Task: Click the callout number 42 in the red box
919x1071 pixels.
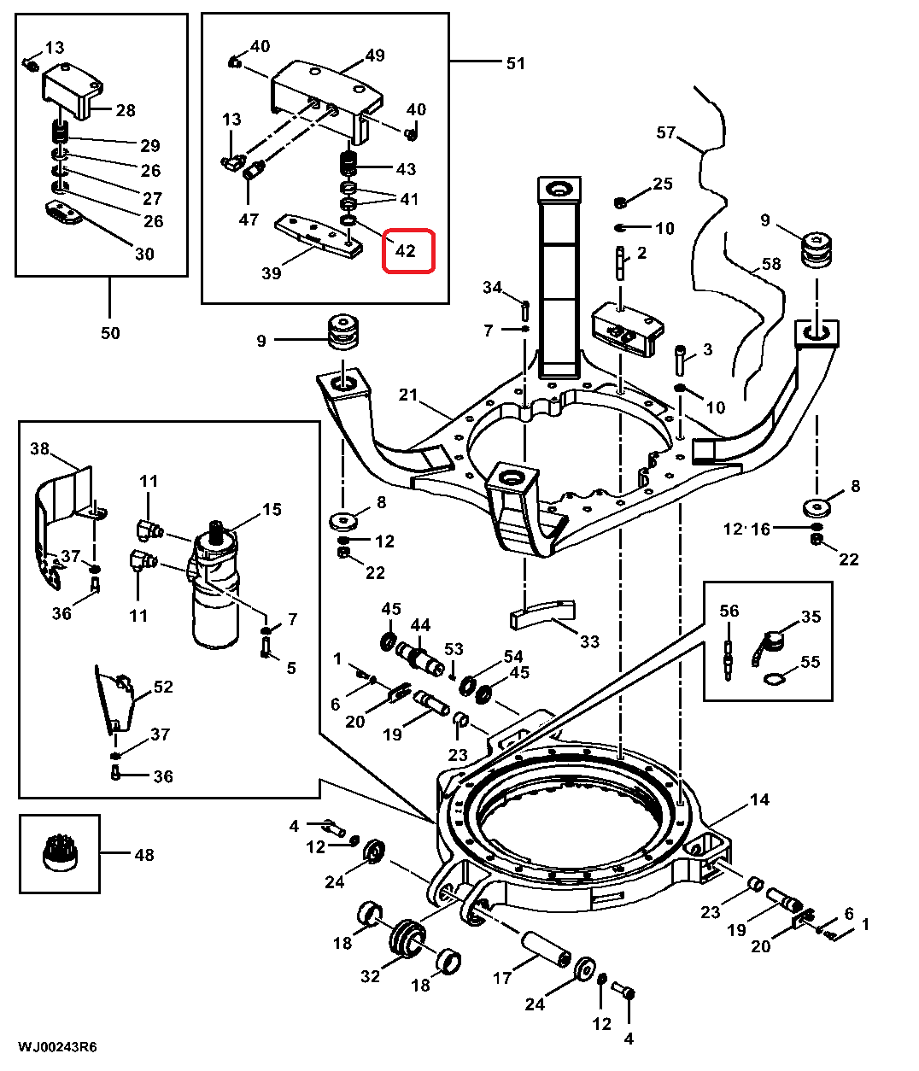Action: [x=406, y=251]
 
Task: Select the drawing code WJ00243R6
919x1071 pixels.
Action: [x=56, y=1047]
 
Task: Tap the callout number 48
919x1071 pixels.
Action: [x=144, y=854]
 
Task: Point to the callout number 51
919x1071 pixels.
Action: [x=516, y=63]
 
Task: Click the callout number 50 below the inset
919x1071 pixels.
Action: [x=111, y=332]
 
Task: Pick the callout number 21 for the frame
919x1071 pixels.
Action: [x=409, y=395]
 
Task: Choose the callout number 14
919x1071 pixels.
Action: [x=759, y=799]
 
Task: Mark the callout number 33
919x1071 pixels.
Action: [x=589, y=641]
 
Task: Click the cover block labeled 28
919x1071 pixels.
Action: [x=73, y=89]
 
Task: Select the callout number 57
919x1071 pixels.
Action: [x=666, y=132]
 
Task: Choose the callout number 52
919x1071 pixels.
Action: [x=163, y=687]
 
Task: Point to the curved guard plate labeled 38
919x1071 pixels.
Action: [x=60, y=512]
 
